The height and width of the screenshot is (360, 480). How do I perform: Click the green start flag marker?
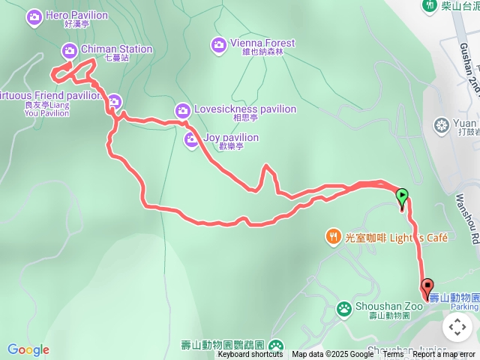click(402, 197)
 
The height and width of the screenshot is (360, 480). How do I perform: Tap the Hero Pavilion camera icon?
click(34, 16)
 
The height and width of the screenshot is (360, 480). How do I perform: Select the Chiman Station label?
click(115, 49)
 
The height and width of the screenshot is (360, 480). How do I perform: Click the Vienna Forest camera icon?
click(218, 45)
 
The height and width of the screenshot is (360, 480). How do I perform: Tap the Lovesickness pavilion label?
click(244, 109)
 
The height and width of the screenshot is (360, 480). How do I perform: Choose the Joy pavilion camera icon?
click(192, 139)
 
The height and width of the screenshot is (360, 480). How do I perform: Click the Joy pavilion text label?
click(231, 138)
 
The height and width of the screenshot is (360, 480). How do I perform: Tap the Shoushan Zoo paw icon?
click(343, 307)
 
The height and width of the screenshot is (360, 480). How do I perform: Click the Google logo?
click(28, 349)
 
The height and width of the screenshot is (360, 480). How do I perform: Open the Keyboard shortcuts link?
click(250, 355)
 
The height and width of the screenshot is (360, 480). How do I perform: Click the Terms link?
click(394, 355)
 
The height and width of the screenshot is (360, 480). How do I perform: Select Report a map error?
click(444, 355)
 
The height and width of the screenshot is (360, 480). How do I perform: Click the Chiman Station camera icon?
click(69, 50)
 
